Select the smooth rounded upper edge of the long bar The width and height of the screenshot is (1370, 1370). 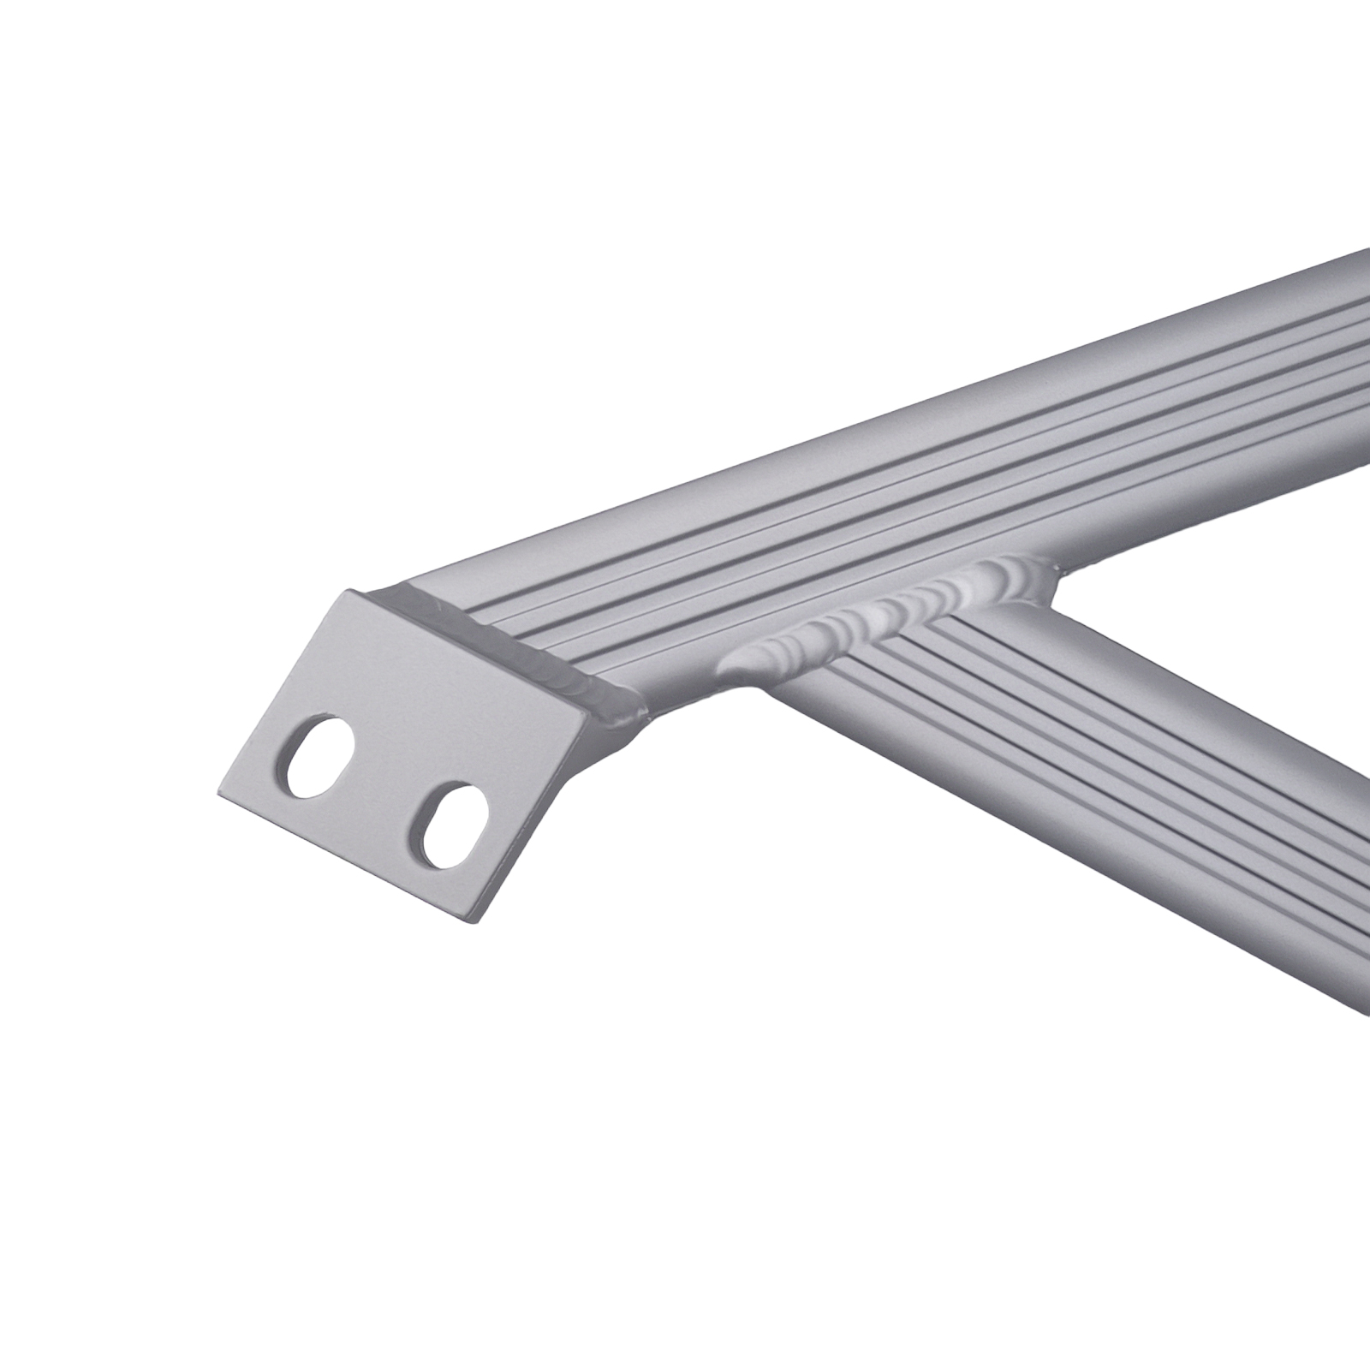pos(856,445)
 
